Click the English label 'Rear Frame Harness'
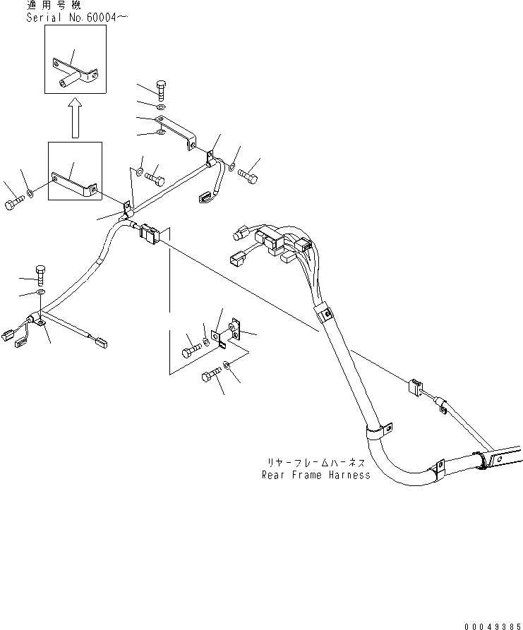click(316, 475)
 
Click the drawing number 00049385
click(493, 626)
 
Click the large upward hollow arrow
click(75, 118)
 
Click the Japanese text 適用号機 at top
click(54, 5)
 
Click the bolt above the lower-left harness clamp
click(41, 275)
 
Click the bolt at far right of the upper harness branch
click(248, 176)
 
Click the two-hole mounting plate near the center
click(234, 330)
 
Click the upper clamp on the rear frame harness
click(325, 313)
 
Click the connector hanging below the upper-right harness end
click(206, 198)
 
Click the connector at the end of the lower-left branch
click(101, 342)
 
